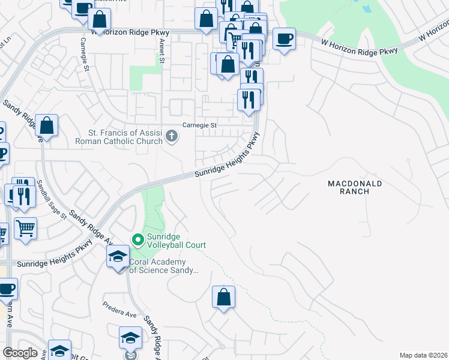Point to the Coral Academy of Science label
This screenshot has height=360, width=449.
(x=164, y=266)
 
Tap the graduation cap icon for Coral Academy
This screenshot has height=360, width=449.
(x=118, y=257)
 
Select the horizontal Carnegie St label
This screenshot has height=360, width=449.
(x=199, y=125)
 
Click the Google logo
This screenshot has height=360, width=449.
(x=20, y=353)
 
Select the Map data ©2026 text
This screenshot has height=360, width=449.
(x=423, y=355)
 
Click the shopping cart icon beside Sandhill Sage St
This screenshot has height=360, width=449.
(x=25, y=227)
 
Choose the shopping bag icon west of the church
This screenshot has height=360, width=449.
(x=46, y=125)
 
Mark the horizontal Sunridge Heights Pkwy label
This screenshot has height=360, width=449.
(x=54, y=263)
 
